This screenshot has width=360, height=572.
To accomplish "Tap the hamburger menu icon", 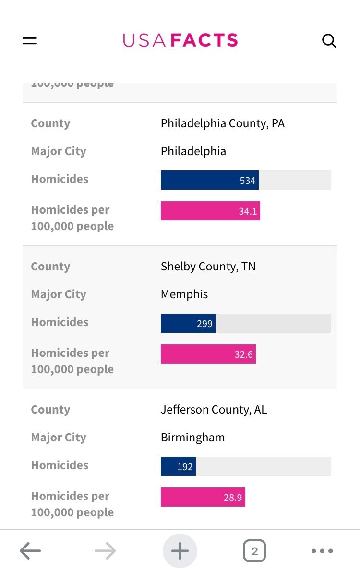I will click(x=30, y=41).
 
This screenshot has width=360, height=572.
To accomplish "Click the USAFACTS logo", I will click(x=180, y=40).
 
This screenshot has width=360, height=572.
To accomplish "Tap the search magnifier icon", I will click(x=329, y=41).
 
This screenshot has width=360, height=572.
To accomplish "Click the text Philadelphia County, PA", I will click(x=222, y=123).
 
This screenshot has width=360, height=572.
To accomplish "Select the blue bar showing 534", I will click(x=209, y=180).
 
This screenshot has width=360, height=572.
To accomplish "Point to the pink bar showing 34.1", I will click(x=210, y=211).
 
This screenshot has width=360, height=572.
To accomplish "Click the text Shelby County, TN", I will click(x=208, y=267).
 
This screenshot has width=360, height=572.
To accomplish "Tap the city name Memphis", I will click(x=184, y=294).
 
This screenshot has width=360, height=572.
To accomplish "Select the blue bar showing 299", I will click(x=188, y=323).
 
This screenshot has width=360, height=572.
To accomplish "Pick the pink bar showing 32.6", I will click(x=208, y=354).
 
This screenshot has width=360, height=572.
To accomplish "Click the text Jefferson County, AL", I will click(x=214, y=410).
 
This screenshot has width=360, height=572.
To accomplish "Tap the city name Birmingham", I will click(x=192, y=438).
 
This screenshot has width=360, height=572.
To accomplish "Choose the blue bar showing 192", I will click(x=178, y=466).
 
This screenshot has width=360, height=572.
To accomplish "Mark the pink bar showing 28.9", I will click(x=203, y=497).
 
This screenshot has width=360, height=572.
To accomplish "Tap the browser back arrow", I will click(x=30, y=551).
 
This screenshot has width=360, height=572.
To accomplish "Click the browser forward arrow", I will click(x=105, y=551).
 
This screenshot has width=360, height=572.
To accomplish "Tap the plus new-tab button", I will click(x=180, y=551).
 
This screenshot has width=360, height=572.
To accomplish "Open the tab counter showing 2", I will click(x=254, y=551).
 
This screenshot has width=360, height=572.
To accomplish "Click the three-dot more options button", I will click(x=322, y=551).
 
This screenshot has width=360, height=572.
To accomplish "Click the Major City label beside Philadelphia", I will click(x=59, y=151).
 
